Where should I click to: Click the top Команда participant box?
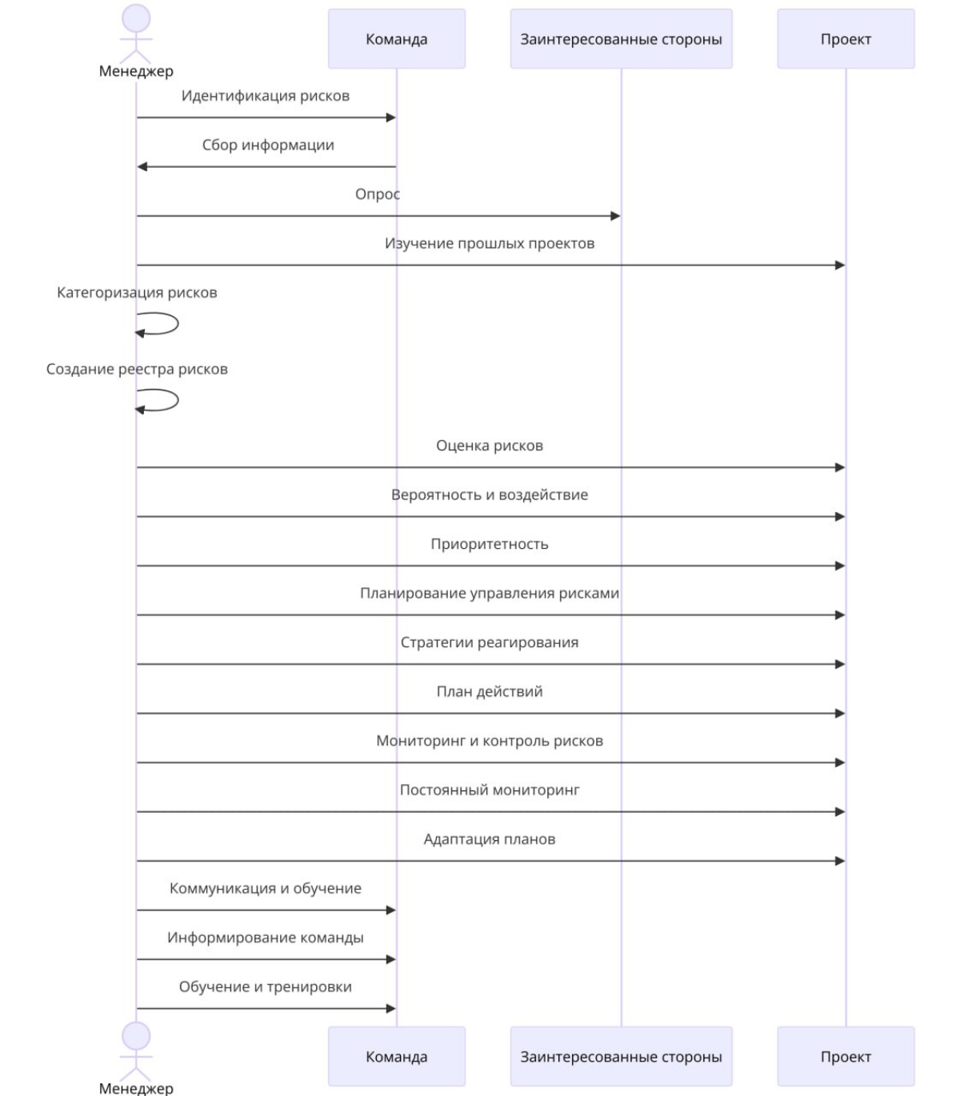(x=397, y=38)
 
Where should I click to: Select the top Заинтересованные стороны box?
(x=621, y=38)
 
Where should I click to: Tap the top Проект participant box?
(x=846, y=38)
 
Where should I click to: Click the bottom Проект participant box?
(x=846, y=1056)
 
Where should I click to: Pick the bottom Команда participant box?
(x=397, y=1056)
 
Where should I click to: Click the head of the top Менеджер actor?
(x=136, y=18)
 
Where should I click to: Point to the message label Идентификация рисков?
(x=265, y=96)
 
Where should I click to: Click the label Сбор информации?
(x=268, y=145)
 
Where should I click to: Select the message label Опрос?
(x=377, y=194)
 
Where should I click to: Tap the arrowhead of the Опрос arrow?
(x=615, y=216)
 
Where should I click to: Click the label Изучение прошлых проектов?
(x=490, y=244)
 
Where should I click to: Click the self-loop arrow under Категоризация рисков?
(x=178, y=323)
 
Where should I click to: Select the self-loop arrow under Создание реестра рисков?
(x=178, y=400)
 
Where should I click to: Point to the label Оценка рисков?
(x=490, y=446)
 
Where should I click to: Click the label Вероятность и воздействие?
(x=490, y=495)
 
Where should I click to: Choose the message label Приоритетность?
(x=490, y=544)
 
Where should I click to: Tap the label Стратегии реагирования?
(x=490, y=642)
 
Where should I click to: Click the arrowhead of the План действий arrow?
(x=840, y=714)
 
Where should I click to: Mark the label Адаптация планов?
(x=490, y=839)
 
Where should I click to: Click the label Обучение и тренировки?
(x=265, y=986)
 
